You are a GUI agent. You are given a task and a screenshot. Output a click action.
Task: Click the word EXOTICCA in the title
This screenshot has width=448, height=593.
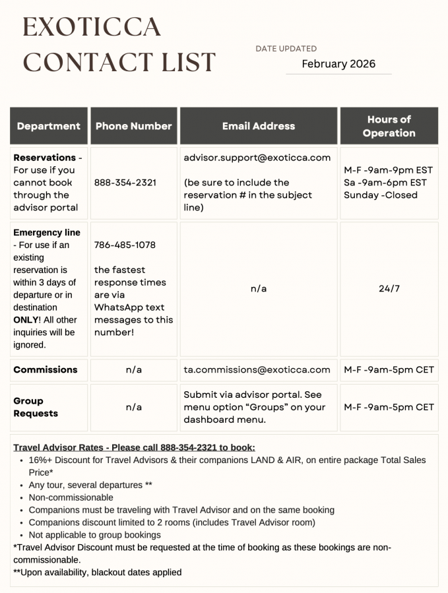[x=92, y=27]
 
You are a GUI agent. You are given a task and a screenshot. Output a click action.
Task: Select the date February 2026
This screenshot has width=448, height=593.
[x=338, y=64]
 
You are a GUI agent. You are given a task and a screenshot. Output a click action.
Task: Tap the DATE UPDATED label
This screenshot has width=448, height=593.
[x=286, y=49]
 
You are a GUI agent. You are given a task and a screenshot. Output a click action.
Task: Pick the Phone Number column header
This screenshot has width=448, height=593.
[x=133, y=126]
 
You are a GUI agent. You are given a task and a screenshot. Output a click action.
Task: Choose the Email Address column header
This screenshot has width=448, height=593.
[x=259, y=126]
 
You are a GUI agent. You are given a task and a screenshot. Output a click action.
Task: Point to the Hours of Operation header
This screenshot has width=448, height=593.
[x=389, y=126]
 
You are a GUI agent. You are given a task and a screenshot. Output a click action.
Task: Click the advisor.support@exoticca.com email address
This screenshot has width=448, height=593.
[x=257, y=158]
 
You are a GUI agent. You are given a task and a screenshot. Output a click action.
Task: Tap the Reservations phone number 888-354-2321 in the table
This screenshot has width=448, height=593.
[x=125, y=183]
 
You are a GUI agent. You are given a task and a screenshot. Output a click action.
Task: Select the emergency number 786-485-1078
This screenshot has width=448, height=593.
[x=125, y=245]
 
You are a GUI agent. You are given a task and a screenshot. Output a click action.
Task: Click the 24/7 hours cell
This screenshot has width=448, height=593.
[x=389, y=289]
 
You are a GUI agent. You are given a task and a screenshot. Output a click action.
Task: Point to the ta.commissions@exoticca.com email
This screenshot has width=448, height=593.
[x=257, y=370]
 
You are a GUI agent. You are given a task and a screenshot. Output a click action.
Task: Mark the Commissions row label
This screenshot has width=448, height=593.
[x=46, y=370]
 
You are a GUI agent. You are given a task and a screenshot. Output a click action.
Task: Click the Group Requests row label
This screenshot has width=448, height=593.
[x=36, y=407]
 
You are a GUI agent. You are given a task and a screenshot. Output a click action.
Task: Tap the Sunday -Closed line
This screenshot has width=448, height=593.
[x=381, y=195]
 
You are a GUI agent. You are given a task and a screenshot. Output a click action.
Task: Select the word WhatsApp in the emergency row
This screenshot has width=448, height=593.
[x=119, y=308]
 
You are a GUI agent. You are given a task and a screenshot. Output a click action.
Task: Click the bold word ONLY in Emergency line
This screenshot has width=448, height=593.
[x=26, y=320]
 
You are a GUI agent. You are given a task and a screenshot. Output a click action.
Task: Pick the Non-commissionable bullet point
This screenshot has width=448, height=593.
[x=71, y=497]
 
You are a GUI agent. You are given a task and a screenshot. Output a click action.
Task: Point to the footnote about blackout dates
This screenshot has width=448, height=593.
[x=97, y=573]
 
